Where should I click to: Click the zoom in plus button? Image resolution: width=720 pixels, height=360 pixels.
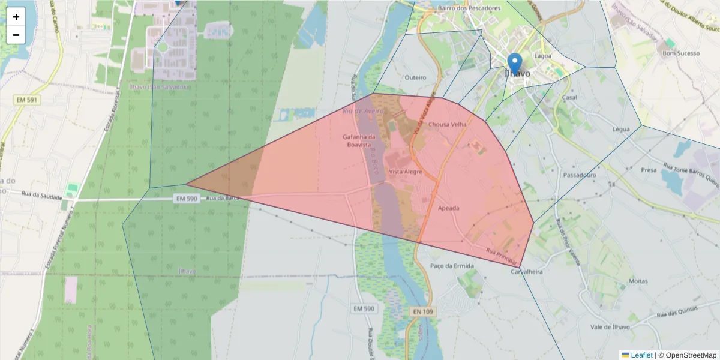pyautogui.click(x=16, y=17)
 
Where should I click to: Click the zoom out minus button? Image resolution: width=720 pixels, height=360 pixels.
pyautogui.click(x=16, y=35)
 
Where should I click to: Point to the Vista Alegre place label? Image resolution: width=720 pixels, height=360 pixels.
pyautogui.click(x=405, y=172)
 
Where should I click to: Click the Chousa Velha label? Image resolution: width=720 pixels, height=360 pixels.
pyautogui.click(x=447, y=125)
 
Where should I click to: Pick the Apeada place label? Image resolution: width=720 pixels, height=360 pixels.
pyautogui.click(x=449, y=208)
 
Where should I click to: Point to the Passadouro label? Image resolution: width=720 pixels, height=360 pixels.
pyautogui.click(x=580, y=175)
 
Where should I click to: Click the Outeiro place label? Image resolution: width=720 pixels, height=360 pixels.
pyautogui.click(x=415, y=77)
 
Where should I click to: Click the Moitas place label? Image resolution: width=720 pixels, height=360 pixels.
pyautogui.click(x=638, y=281)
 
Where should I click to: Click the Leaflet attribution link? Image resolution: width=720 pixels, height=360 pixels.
pyautogui.click(x=641, y=355)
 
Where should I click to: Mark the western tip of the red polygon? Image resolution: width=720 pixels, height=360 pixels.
pyautogui.click(x=187, y=184)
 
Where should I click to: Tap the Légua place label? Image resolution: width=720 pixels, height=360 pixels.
pyautogui.click(x=621, y=129)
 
